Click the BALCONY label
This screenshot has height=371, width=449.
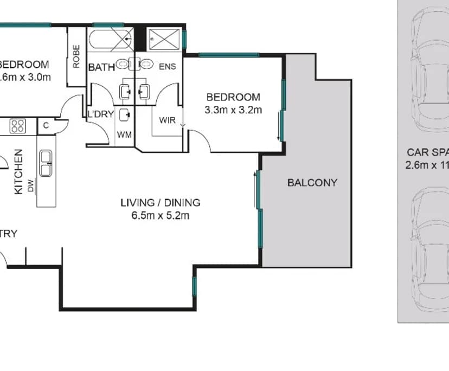[312, 183]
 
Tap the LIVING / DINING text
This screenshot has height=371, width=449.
[161, 203]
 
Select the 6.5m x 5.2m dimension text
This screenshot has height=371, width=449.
[161, 215]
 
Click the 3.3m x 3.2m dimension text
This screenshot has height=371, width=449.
[233, 110]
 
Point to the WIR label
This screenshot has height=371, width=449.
[168, 120]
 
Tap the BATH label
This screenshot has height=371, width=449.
[101, 67]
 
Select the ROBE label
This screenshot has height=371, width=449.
[76, 56]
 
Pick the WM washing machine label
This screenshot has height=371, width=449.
[125, 134]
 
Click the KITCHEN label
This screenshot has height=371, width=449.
[18, 171]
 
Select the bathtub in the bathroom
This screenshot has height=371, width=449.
[111, 40]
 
